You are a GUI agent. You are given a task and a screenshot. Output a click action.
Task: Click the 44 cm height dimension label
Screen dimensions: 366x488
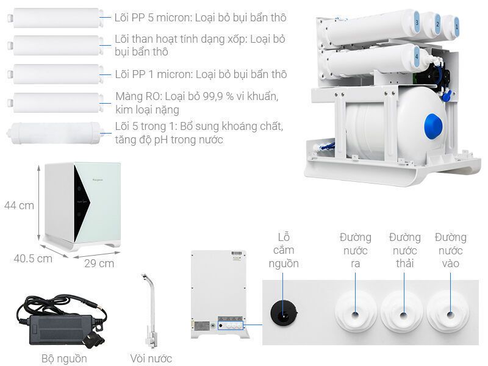[x=18, y=206]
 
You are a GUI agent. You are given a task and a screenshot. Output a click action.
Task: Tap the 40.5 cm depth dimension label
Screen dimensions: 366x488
[x=33, y=258]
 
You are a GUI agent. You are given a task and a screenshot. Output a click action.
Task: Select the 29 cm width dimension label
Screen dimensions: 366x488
[x=99, y=263]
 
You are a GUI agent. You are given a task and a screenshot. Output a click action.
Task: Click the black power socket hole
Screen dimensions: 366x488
[x=284, y=312]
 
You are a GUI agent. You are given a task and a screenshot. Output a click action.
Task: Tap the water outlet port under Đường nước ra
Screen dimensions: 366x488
[x=355, y=314]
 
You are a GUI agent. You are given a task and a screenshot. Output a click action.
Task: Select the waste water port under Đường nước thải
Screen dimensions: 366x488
[x=402, y=314]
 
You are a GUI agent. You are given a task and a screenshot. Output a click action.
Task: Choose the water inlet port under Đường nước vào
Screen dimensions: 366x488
[x=450, y=314]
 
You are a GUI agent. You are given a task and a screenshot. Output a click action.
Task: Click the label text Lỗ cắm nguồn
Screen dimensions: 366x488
[x=284, y=249]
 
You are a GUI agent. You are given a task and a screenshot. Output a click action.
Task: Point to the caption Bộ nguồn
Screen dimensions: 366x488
[x=64, y=359]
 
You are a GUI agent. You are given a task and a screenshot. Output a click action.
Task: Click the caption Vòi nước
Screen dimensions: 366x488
[x=151, y=359]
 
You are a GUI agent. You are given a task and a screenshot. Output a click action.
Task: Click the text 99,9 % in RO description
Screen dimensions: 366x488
[x=222, y=97]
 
